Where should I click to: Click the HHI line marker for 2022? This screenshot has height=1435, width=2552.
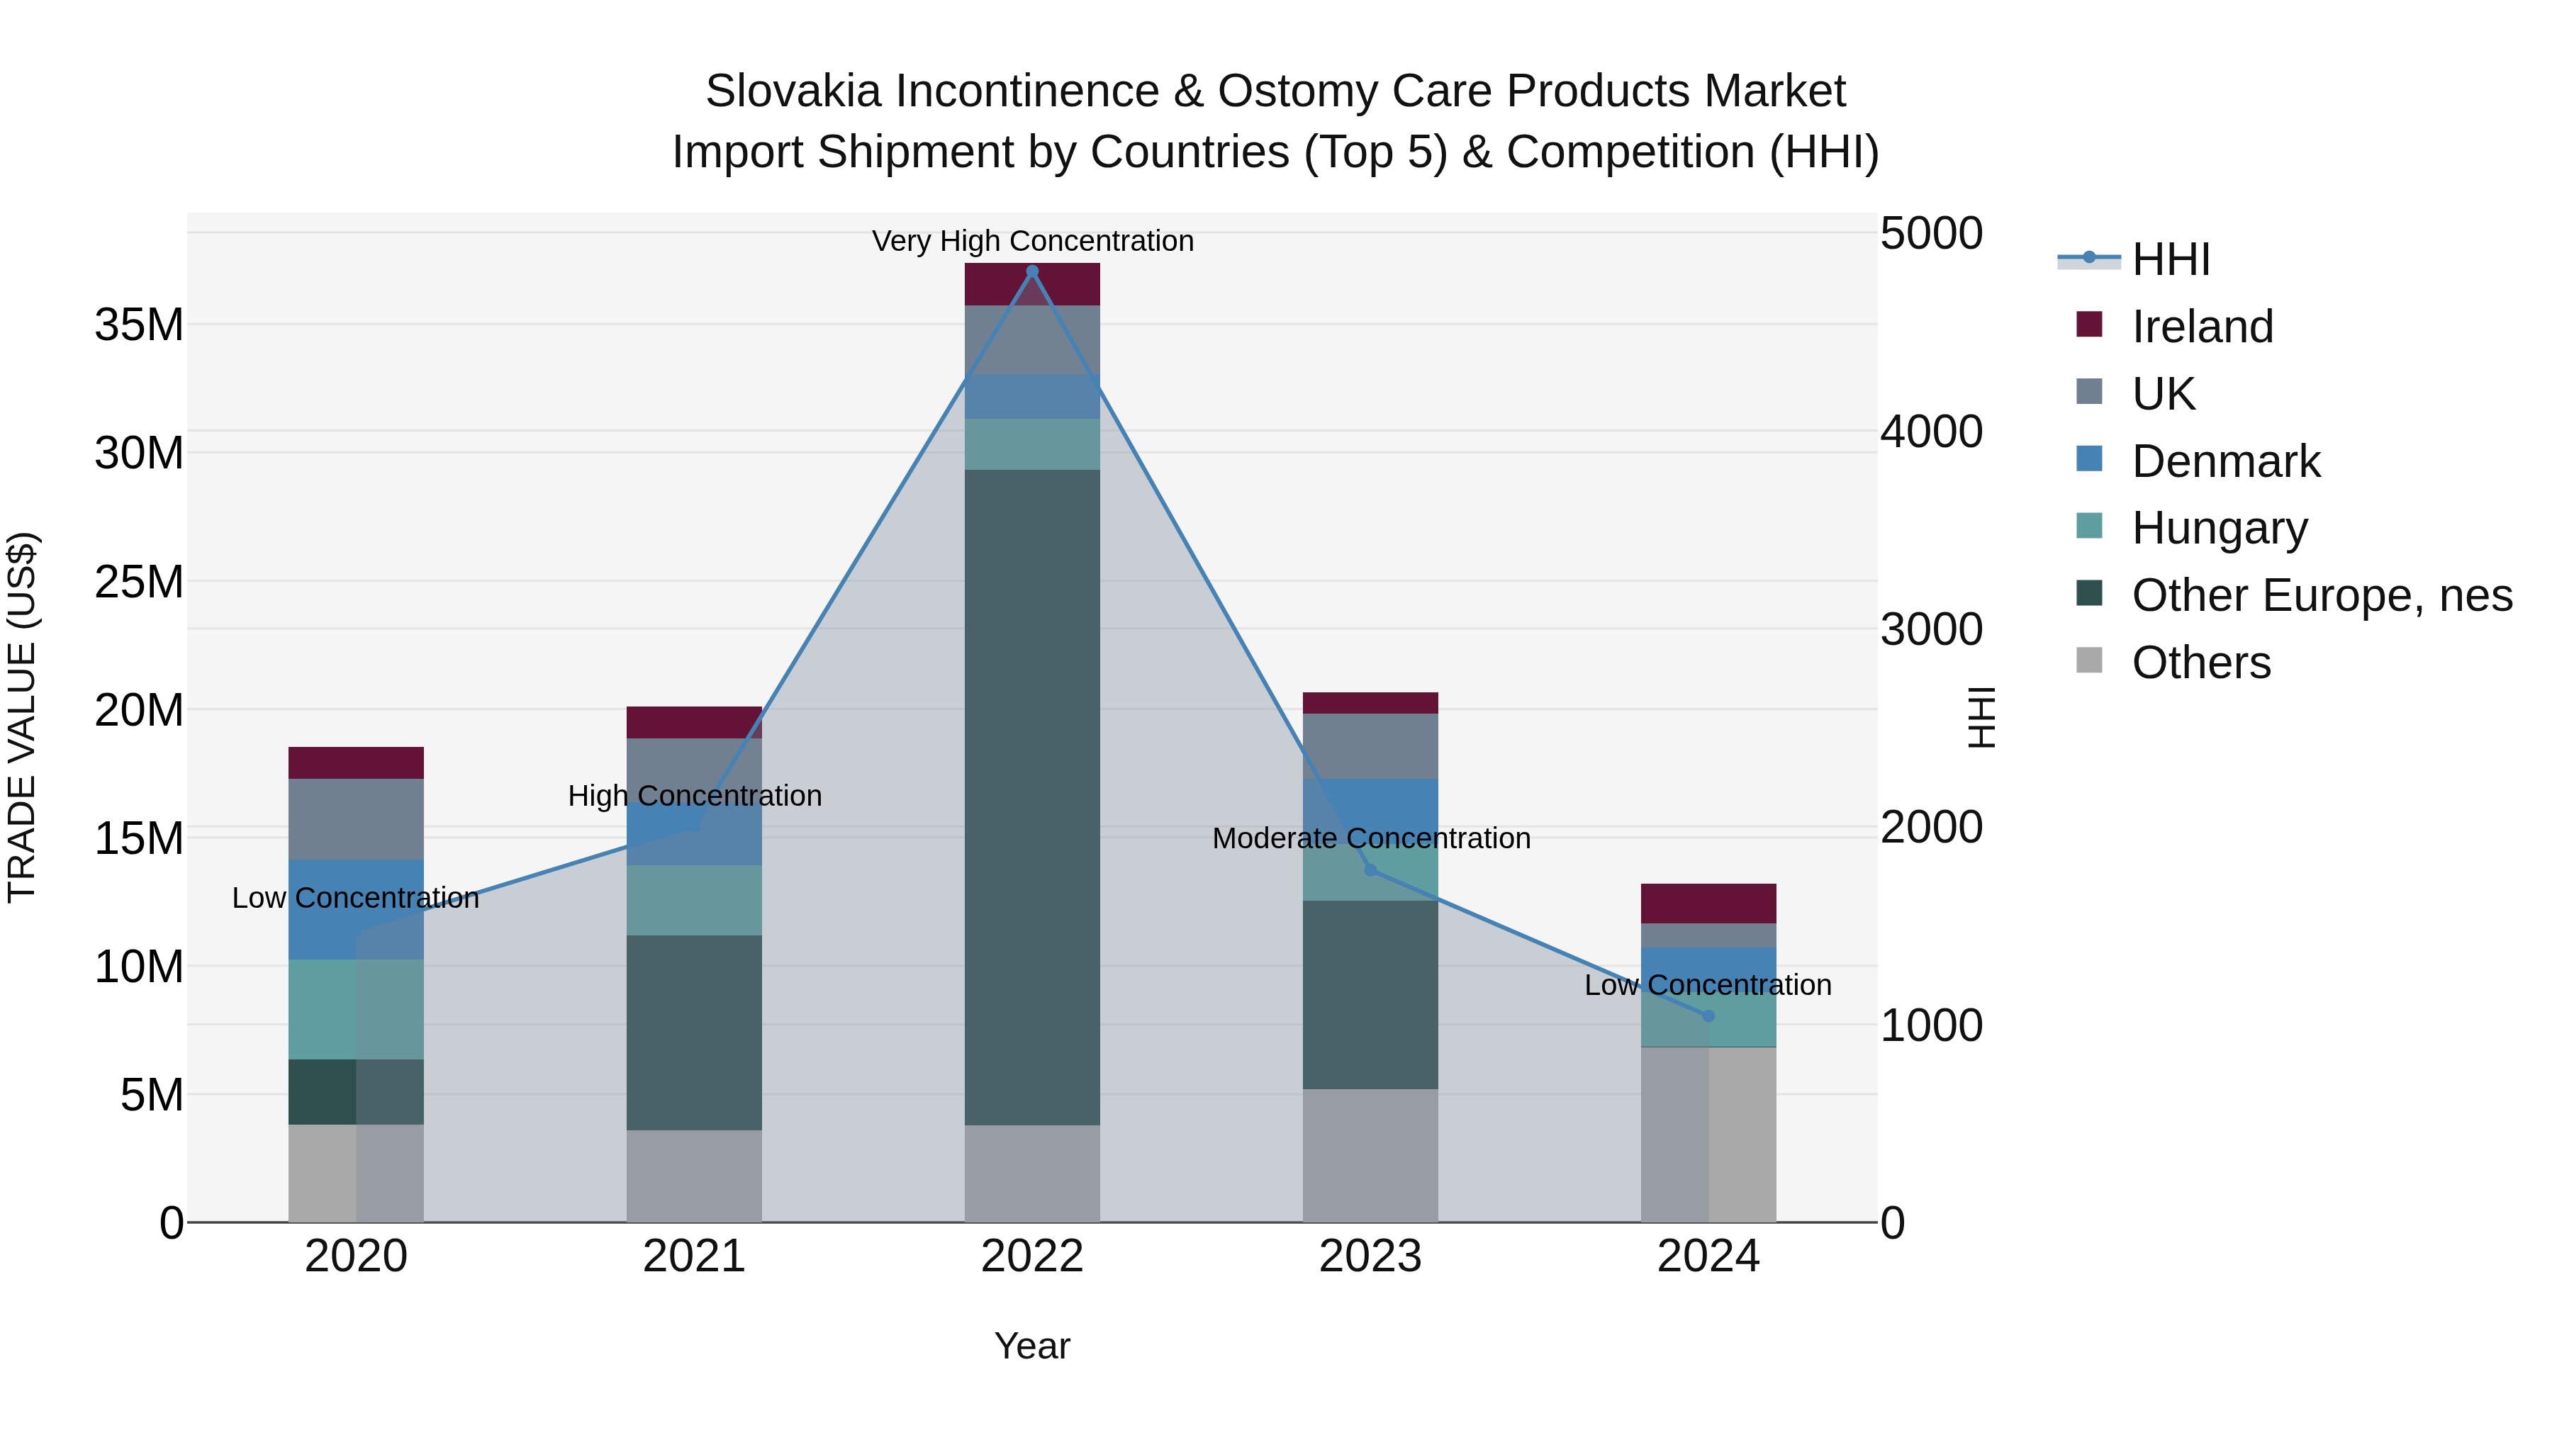click(x=1032, y=271)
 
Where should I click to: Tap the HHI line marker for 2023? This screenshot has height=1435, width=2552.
click(x=1370, y=870)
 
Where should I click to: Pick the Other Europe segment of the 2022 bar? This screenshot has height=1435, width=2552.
click(x=1032, y=797)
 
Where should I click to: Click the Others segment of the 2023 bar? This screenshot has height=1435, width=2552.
click(x=1370, y=1156)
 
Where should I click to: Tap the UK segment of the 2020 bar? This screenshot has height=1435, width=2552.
click(x=356, y=819)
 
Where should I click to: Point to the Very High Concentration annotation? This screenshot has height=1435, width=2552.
click(x=1032, y=242)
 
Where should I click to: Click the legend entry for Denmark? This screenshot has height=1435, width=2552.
click(x=2225, y=461)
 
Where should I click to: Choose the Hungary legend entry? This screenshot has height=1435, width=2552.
click(x=2219, y=528)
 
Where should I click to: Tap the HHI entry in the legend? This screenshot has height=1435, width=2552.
click(x=2170, y=259)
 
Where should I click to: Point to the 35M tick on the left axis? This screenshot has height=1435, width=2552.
click(x=139, y=325)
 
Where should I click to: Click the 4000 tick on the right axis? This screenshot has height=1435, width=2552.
click(x=1931, y=432)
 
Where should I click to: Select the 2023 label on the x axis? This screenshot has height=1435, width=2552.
click(x=1370, y=1256)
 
